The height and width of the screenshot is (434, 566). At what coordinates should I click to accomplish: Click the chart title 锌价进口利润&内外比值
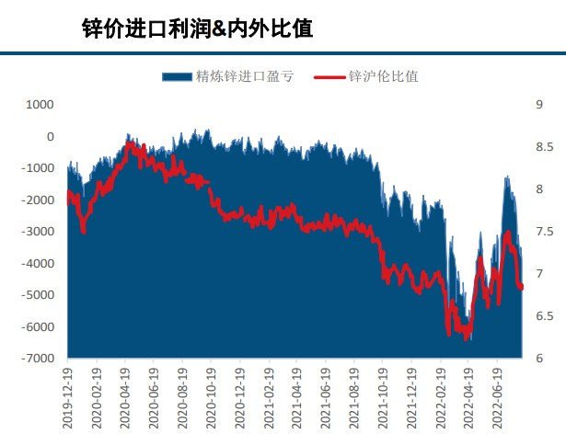197,29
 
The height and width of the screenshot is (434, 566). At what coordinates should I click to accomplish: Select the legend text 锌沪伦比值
383,76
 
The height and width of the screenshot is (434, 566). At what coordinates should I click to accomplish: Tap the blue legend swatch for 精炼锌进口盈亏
177,76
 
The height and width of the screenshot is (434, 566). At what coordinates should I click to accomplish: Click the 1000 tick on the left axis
40,105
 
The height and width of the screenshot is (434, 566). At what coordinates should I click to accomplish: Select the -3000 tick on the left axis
38,232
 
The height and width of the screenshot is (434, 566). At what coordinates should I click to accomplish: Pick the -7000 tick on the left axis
38,359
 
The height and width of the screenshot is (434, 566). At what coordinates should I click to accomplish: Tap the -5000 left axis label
38,295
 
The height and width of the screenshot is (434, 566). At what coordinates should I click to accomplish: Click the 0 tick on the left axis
51,137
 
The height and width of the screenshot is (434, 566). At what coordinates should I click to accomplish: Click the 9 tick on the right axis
538,105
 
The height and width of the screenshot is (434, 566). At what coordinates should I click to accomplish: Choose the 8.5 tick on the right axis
543,147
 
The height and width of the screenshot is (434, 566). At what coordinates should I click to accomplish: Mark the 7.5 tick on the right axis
543,232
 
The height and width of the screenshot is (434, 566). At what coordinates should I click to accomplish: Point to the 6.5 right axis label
543,316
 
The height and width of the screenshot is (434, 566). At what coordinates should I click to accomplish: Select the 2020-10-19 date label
211,394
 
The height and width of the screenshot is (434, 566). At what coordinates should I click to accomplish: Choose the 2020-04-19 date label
125,394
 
